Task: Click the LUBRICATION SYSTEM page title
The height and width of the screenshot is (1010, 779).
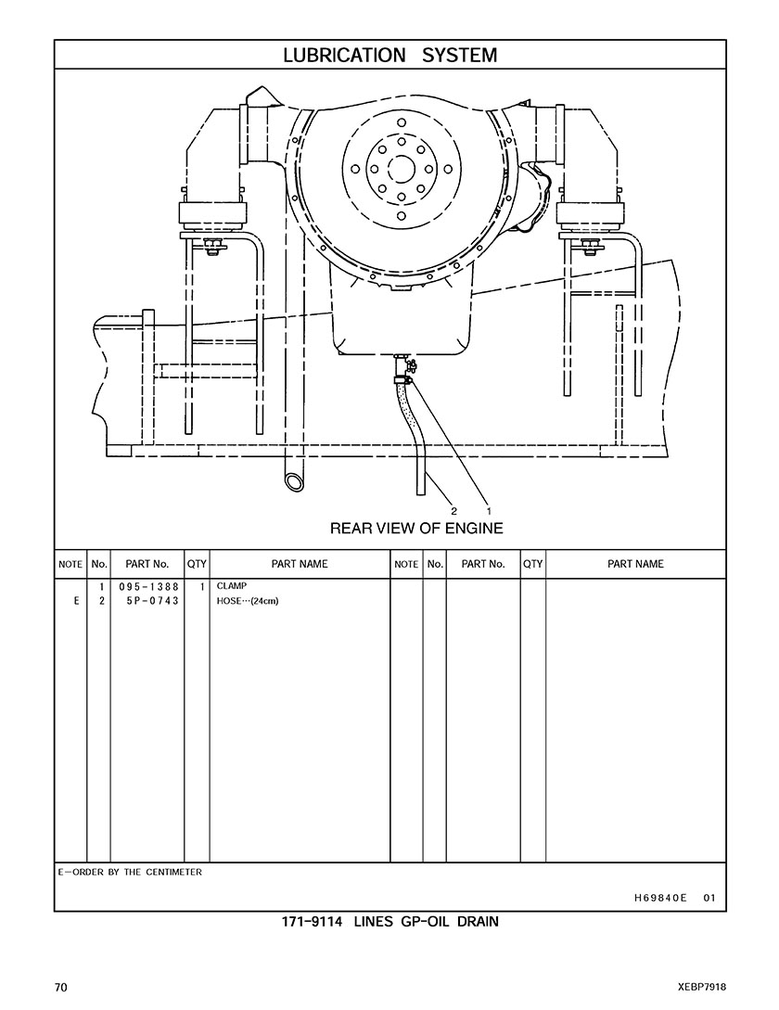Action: click(389, 56)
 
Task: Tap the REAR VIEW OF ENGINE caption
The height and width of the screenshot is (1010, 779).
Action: click(416, 529)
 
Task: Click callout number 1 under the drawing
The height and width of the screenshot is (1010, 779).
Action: click(489, 511)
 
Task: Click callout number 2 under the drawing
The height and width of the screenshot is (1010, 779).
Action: click(453, 511)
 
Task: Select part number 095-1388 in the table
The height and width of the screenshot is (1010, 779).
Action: click(148, 587)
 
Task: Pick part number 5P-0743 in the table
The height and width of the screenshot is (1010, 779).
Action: click(153, 601)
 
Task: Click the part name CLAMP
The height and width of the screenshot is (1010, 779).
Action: click(231, 586)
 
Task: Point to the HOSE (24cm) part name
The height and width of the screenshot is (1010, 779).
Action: click(248, 601)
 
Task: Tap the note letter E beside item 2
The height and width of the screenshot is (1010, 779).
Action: click(77, 601)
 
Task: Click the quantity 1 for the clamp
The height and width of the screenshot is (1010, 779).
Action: click(201, 587)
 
